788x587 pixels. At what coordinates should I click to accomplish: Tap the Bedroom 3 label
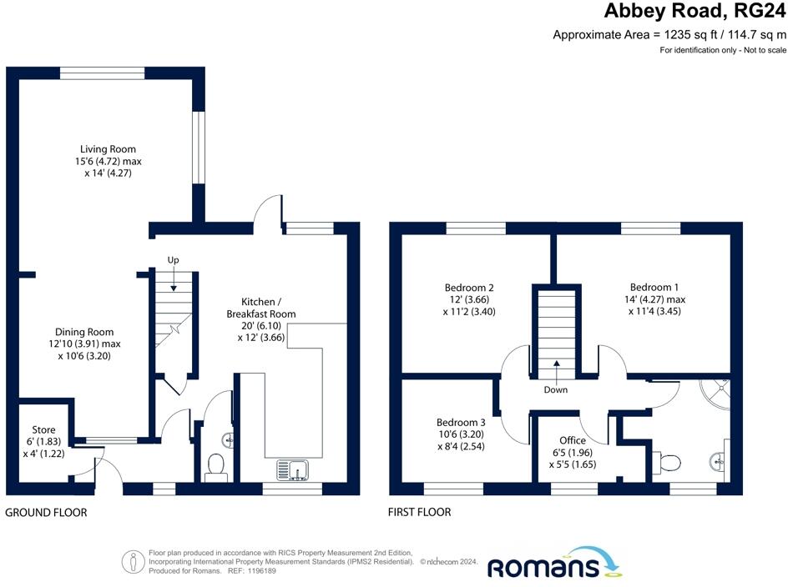(460, 423)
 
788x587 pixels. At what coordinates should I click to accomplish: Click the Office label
(573, 440)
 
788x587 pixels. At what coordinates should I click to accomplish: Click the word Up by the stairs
(174, 260)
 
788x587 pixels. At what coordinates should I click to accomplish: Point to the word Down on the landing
(555, 389)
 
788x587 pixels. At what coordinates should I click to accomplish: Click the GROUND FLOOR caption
(47, 512)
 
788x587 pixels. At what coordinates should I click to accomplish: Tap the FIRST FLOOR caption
(419, 512)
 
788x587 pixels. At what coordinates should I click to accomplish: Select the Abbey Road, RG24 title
(695, 12)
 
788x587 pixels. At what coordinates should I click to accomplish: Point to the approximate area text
(669, 35)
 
